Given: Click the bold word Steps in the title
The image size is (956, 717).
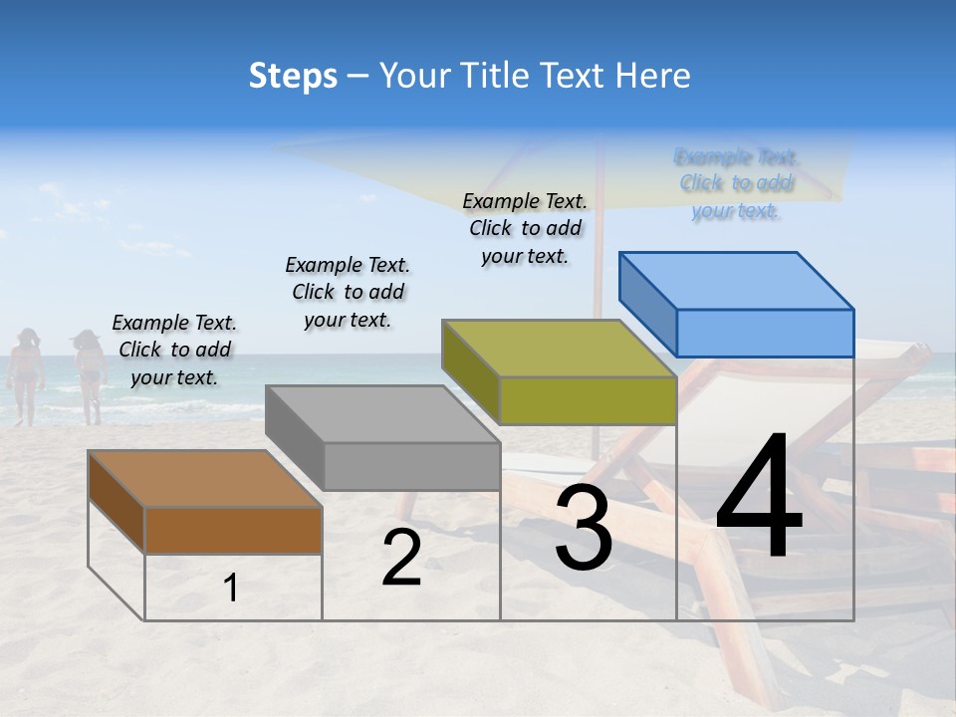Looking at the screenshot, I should (293, 76).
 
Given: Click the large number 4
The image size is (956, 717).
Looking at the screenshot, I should (759, 497).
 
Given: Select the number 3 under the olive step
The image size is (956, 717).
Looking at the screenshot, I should (583, 529).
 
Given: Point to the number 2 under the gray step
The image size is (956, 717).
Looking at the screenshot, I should (401, 559).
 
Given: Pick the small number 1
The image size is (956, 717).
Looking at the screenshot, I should (231, 589).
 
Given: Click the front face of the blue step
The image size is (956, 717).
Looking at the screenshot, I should (765, 333).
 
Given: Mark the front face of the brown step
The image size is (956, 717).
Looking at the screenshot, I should (233, 530).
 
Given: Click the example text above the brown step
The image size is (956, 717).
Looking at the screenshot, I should (174, 350).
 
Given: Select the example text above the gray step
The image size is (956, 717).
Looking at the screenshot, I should (348, 292).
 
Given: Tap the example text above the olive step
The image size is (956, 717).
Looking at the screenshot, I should (525, 228).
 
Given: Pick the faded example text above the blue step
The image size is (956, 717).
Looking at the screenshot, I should (736, 183).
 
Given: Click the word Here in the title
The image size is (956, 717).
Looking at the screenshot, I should (655, 76).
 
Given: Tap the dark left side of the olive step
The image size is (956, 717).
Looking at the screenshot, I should (470, 370).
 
